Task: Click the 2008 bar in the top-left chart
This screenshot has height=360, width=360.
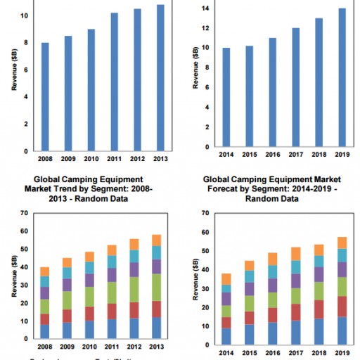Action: click(45, 96)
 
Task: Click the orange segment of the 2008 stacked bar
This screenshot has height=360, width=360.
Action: click(45, 271)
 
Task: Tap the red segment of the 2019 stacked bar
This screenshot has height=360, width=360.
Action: click(342, 306)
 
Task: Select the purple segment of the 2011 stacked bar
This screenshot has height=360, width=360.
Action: click(114, 274)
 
